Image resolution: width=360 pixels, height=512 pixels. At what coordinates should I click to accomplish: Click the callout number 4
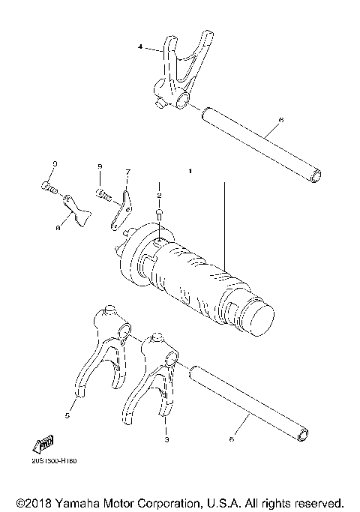(x=140, y=47)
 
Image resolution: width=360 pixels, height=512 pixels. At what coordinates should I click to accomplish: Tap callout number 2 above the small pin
(x=159, y=195)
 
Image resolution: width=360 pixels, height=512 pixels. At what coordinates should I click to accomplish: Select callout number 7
(x=127, y=172)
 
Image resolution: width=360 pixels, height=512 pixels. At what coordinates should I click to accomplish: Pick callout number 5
(x=67, y=414)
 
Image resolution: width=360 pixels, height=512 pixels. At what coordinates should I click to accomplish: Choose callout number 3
(x=166, y=441)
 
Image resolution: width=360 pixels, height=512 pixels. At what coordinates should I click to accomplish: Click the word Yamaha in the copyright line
(x=83, y=502)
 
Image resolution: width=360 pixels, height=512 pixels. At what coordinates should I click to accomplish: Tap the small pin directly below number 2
(x=159, y=214)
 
